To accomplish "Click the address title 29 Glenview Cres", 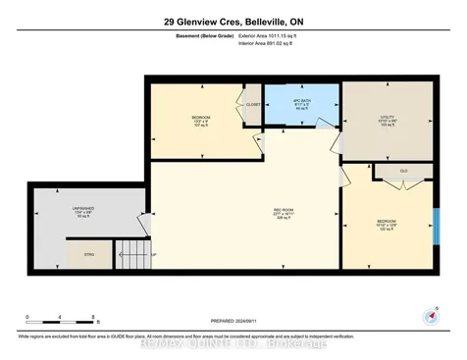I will coord(233,21).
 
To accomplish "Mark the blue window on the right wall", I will coord(433,225).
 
